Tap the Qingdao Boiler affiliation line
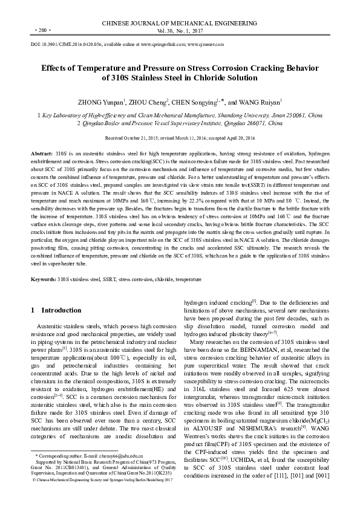(180, 123)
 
